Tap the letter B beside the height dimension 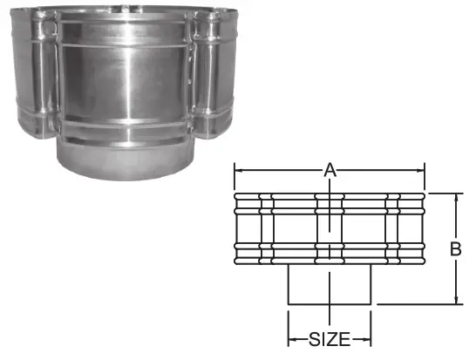pos(455,249)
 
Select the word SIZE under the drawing pos(329,337)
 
